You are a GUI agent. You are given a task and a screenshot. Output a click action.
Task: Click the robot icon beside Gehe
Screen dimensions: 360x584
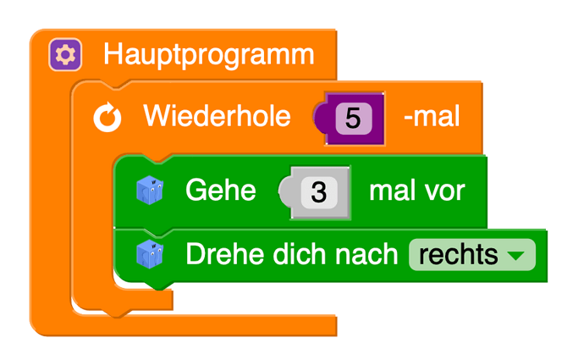click(x=149, y=191)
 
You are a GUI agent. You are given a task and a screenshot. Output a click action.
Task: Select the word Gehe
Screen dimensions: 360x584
click(x=220, y=191)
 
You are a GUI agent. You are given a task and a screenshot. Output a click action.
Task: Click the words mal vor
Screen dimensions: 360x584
click(x=416, y=191)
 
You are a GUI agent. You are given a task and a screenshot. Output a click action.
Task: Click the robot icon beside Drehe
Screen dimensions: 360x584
click(x=149, y=253)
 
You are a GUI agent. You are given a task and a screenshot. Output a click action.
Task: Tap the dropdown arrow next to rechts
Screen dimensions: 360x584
click(x=516, y=254)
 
